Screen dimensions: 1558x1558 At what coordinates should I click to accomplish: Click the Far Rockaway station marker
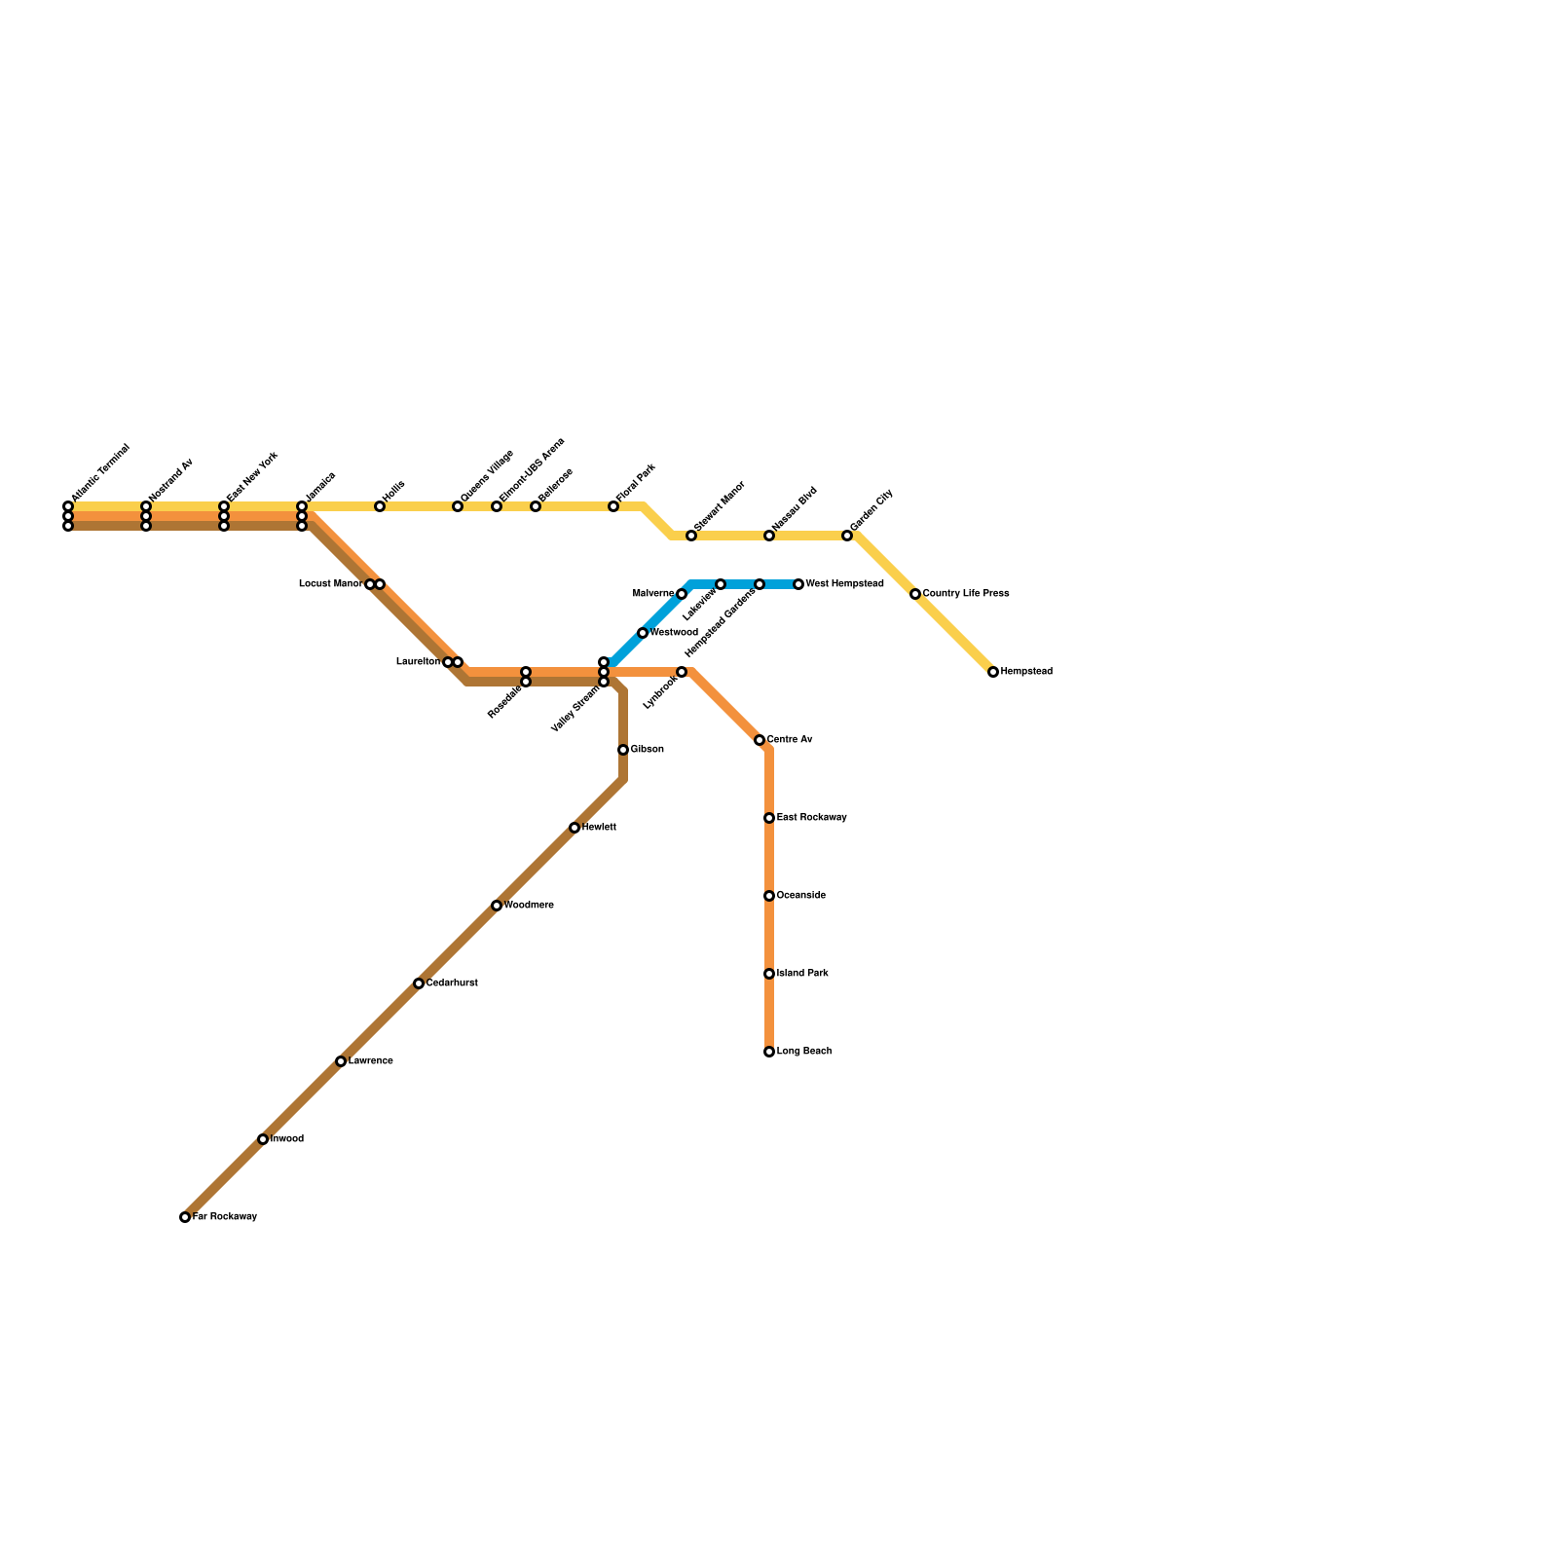coord(185,1217)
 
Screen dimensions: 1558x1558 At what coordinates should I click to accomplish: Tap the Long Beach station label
coord(804,1052)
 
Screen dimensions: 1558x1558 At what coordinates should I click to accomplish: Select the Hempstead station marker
coord(993,672)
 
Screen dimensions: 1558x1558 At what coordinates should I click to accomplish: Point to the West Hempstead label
coord(844,584)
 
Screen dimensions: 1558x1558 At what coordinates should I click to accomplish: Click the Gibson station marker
coord(623,750)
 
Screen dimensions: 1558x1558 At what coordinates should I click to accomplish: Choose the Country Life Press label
coord(966,594)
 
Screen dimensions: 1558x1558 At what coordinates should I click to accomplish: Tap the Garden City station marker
coord(847,536)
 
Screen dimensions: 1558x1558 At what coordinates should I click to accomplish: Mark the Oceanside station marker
coord(769,896)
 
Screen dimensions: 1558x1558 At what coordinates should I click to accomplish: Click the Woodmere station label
coord(529,906)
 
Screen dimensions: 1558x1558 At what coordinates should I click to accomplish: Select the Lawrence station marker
coord(341,1061)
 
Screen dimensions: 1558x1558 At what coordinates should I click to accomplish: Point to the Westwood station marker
coord(643,633)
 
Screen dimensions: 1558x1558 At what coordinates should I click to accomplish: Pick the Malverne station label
coord(652,594)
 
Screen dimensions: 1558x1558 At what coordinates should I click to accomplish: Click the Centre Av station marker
coord(760,740)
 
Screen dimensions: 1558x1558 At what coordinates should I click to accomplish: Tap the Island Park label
coord(802,974)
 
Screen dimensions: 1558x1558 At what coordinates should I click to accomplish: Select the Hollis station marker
coord(380,506)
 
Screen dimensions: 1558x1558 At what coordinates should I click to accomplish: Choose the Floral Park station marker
coord(613,506)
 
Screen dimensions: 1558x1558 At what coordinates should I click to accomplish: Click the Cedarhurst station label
coord(452,983)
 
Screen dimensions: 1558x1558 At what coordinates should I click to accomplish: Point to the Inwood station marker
coord(263,1139)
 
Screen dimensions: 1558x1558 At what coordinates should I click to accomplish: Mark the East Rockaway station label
coord(811,818)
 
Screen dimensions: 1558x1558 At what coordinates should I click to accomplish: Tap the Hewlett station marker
coord(575,828)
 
